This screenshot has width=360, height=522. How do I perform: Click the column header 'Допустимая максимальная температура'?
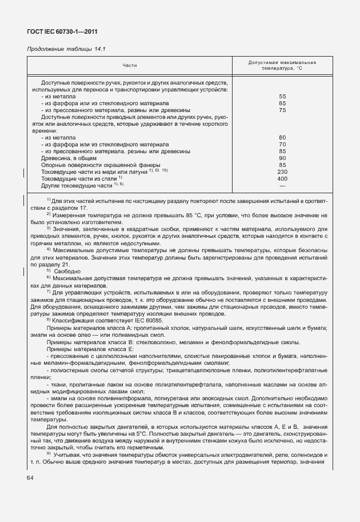coord(282,65)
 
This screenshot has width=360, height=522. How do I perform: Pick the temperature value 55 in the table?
coord(282,97)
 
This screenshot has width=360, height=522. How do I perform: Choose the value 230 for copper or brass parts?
coord(282,172)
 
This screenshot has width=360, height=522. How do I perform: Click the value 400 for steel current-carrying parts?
coord(282,178)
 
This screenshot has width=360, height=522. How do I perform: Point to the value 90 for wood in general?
coord(282,158)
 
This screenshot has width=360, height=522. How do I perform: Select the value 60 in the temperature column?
coord(282,137)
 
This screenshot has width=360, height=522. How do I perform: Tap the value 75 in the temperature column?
coord(282,110)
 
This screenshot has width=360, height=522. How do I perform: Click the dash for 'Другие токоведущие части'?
coord(282,185)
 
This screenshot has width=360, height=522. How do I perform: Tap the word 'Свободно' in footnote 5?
coord(67,270)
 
